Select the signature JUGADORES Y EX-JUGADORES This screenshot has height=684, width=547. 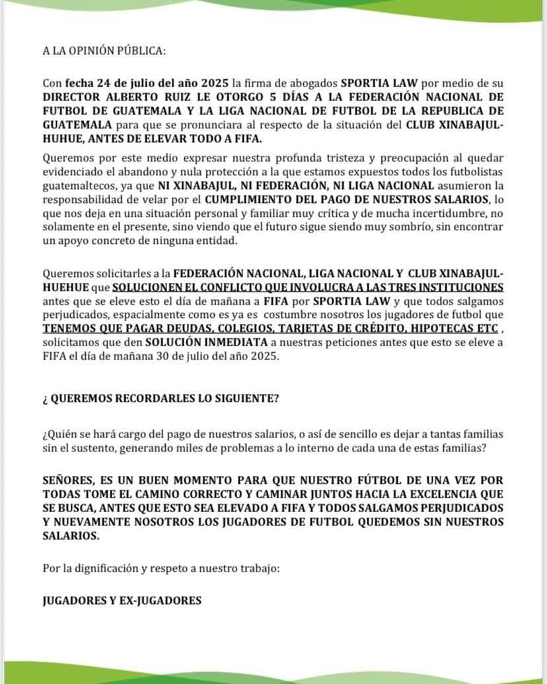(122, 601)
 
